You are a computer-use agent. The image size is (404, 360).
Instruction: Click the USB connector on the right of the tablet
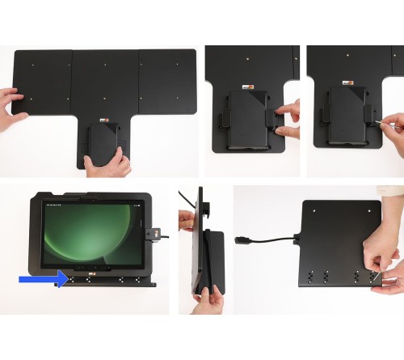pos(153,237)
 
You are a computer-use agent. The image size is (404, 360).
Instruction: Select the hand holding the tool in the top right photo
pos(392,124)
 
